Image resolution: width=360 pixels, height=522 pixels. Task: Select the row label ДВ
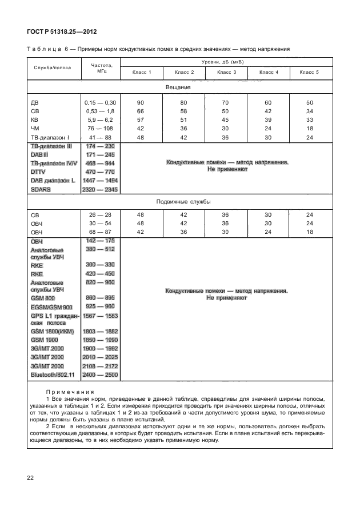(x=34, y=102)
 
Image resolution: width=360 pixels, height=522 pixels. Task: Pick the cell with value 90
(x=141, y=102)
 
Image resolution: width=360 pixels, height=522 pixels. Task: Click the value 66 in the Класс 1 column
(x=141, y=111)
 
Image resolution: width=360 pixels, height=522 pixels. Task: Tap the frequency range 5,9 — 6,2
(x=101, y=120)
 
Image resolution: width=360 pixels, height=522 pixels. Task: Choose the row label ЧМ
(x=35, y=129)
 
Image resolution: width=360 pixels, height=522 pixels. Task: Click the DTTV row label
(x=39, y=172)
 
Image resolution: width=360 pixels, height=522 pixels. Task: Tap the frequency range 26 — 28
(x=101, y=216)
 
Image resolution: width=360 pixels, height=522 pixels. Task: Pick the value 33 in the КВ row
(x=310, y=120)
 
